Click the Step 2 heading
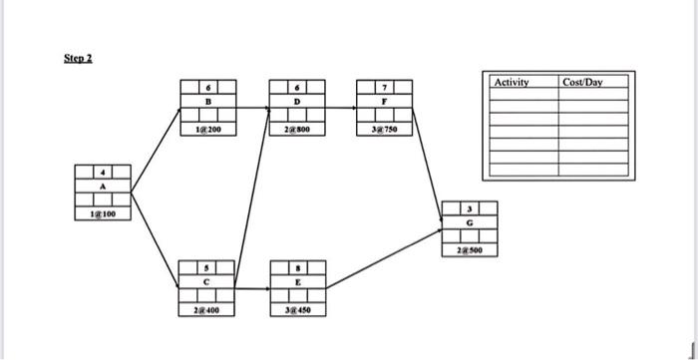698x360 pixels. [x=77, y=58]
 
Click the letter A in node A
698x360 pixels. [x=102, y=184]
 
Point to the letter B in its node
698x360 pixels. [x=206, y=101]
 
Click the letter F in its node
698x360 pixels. [x=384, y=101]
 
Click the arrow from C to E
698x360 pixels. [x=251, y=290]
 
